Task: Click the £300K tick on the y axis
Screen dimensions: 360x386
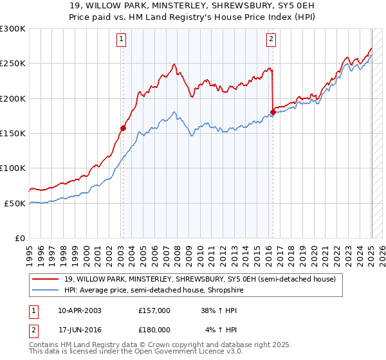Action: (13, 29)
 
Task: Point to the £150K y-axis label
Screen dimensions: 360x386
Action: (13, 133)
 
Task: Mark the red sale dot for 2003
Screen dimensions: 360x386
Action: (123, 128)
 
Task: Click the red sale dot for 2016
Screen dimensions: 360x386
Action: (273, 113)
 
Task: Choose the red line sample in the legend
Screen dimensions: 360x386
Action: (45, 279)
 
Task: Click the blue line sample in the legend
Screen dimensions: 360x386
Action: (45, 291)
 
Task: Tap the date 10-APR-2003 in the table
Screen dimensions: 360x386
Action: (79, 310)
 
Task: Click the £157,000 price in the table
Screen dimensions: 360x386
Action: (154, 310)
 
